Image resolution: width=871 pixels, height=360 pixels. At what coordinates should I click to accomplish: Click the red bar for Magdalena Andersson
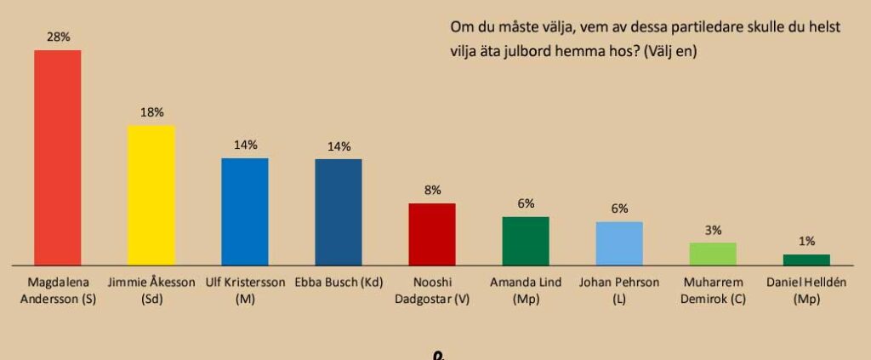click(57, 157)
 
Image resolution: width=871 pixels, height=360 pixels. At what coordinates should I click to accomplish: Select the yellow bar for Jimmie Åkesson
click(151, 195)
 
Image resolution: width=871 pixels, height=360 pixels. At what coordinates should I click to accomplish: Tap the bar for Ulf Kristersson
click(245, 211)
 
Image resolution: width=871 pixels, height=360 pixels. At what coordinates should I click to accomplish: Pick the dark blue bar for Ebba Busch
click(339, 212)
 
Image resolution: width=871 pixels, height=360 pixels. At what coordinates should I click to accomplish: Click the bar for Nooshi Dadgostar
click(432, 234)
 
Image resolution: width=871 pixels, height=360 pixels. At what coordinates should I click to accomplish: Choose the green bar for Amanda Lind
click(526, 241)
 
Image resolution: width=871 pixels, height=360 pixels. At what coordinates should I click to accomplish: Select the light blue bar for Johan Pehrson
click(619, 243)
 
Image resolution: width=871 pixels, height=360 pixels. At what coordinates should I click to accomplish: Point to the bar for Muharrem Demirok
click(713, 254)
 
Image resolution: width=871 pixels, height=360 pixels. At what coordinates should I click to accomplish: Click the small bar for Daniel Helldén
click(806, 260)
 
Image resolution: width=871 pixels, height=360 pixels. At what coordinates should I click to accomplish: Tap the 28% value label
click(58, 37)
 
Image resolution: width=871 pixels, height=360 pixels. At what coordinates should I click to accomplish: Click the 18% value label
click(152, 112)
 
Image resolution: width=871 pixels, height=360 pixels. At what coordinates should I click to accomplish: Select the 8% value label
click(432, 191)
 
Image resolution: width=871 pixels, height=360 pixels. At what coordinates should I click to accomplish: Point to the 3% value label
click(713, 230)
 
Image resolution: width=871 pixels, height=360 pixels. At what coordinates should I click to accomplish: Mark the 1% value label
click(806, 242)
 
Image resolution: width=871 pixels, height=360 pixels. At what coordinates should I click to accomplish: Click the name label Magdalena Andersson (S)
click(57, 290)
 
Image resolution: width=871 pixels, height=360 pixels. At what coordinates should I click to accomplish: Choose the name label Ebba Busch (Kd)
click(339, 283)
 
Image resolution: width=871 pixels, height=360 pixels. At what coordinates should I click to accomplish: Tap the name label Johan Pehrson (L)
click(619, 290)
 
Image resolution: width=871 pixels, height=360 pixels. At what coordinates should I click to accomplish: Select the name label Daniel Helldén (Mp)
click(806, 290)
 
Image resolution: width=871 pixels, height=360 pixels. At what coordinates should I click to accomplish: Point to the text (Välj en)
click(671, 51)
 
